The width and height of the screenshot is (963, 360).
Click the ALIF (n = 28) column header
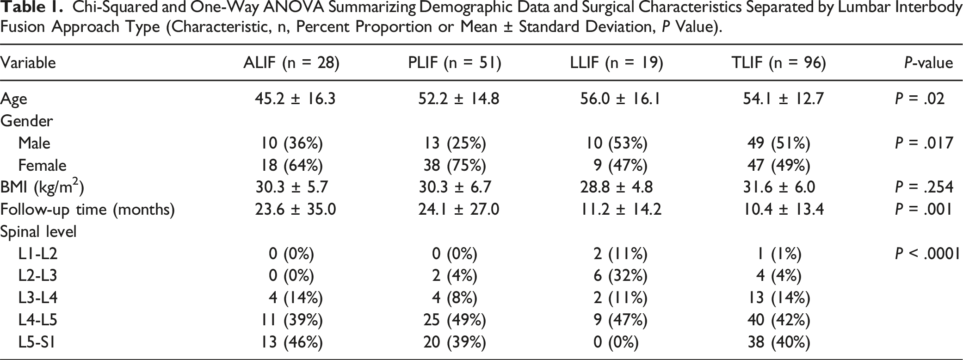coord(291,63)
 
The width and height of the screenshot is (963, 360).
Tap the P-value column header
coord(929,63)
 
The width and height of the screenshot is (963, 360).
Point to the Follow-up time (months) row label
coord(87,210)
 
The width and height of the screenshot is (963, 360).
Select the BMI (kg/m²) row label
coord(42,186)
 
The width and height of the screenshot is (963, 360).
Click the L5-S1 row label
coord(37,342)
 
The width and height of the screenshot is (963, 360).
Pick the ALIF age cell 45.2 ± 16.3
coord(295,99)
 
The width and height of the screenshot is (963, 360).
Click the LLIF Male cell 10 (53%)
coord(617,143)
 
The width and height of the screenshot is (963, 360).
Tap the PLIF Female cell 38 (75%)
coord(455,166)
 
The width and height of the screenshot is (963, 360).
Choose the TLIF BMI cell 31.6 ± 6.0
coord(778,187)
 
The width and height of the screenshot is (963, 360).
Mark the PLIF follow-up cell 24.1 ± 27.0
coord(458,209)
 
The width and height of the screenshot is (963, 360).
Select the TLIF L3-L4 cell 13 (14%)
coord(779,298)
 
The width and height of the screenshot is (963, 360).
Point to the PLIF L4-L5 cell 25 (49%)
coord(455,320)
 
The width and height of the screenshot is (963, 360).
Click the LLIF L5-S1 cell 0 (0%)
coord(616,342)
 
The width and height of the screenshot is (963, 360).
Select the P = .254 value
coord(924,187)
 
